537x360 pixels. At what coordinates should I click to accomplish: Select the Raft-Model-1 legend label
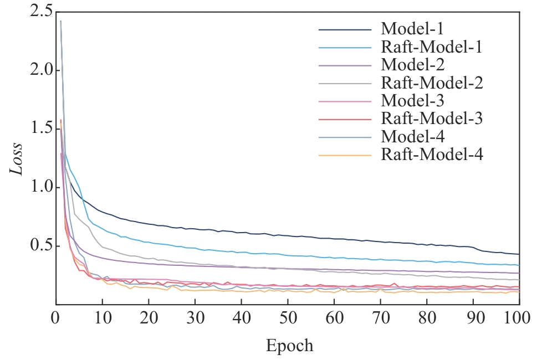[431, 47]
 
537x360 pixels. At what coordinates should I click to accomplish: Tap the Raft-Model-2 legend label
[432, 83]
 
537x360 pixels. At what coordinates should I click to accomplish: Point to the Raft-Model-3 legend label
[432, 119]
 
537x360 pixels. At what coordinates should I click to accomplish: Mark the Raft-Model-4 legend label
[432, 155]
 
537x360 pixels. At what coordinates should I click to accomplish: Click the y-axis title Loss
[17, 158]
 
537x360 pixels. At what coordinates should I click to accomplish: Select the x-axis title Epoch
[290, 346]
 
